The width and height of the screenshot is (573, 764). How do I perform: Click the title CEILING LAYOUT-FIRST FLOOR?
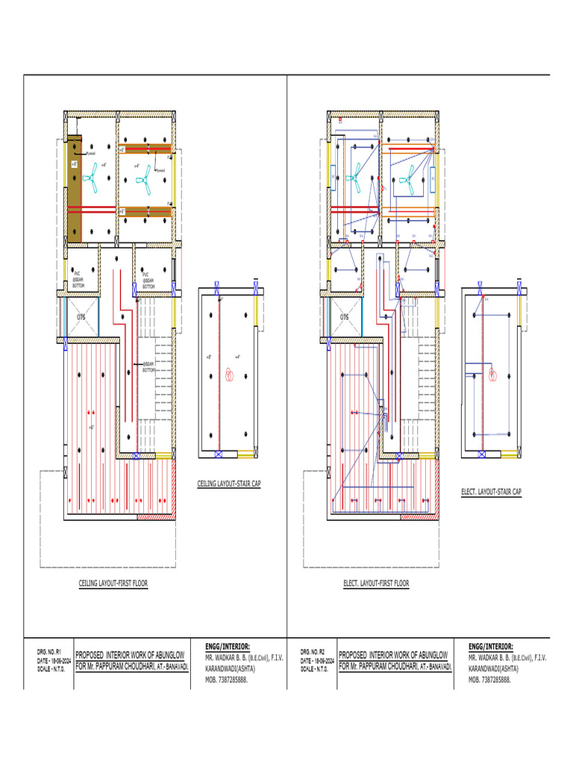113,583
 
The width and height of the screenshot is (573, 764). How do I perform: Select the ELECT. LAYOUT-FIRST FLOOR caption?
376,583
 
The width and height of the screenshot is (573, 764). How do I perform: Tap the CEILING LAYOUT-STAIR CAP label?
228,484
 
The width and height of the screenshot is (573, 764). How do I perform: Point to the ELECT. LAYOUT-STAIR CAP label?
492,492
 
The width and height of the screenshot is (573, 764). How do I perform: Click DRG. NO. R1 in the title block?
48,651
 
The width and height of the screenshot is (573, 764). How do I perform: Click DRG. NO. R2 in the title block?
311,651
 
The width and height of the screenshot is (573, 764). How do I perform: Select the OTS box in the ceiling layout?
82,317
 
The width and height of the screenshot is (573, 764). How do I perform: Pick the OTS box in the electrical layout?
345,317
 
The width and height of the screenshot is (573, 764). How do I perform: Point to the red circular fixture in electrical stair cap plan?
492,375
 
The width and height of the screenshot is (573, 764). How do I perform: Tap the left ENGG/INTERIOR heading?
228,646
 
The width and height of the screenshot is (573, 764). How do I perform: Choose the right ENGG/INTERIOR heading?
491,646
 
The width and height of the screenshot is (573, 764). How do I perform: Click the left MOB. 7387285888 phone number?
227,680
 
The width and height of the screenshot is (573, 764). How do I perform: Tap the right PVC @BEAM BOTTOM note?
148,281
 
